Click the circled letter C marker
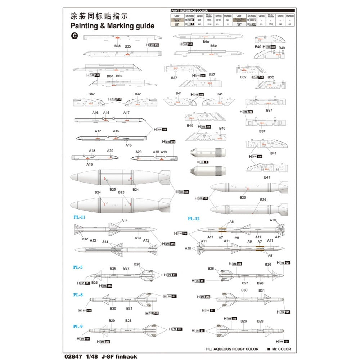coord(75,36)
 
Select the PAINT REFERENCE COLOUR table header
coord(192,11)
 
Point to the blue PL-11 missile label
coord(79,217)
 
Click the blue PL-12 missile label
coord(193,219)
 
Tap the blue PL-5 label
coord(78,267)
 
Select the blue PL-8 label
coord(78,294)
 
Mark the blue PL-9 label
coord(78,327)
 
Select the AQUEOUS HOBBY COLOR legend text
coord(236,349)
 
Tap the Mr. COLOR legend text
coord(282,349)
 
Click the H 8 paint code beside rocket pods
coord(204,162)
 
